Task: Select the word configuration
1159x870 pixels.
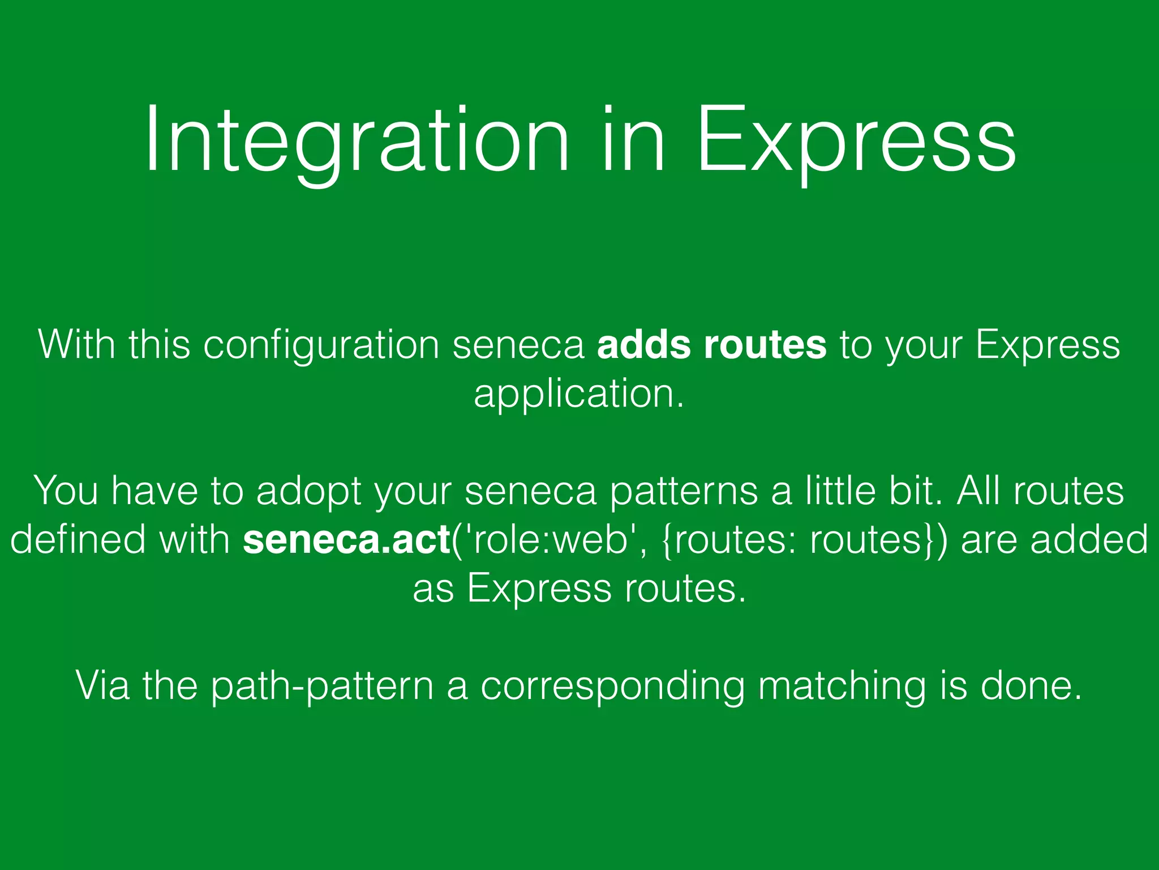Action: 321,345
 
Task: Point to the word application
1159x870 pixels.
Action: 578,395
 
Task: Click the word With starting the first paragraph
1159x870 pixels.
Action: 76,345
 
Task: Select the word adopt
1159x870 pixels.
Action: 308,491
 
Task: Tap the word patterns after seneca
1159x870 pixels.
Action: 684,491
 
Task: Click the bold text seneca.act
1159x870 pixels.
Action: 346,540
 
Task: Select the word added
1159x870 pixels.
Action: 1089,540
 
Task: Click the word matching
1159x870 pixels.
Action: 842,686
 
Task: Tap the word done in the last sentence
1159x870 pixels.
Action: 1030,686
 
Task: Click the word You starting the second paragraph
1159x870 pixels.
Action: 67,491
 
